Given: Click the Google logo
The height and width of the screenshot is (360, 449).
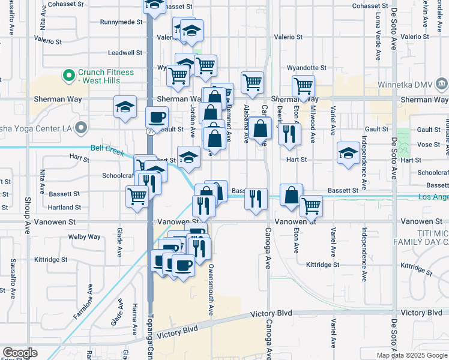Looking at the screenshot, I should point(20,353).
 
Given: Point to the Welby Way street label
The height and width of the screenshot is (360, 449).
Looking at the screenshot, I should point(84,237).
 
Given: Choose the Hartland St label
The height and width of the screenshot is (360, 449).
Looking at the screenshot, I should point(65,208).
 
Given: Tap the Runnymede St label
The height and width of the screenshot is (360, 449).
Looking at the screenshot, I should point(121,22).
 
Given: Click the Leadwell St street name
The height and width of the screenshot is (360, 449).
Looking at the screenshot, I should point(124,53).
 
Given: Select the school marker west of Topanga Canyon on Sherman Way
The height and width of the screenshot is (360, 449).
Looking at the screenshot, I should point(125,107).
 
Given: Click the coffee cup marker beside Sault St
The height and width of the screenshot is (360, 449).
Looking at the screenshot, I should point(157,116).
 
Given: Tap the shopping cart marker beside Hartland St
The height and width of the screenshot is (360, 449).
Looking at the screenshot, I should point(137,195).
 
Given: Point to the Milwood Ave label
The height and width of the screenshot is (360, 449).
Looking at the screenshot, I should point(313,124).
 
